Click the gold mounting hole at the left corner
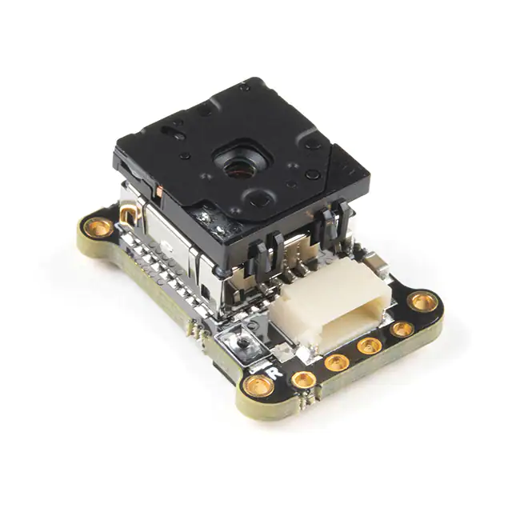[98, 228]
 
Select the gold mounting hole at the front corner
[258, 387]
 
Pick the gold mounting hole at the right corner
[422, 302]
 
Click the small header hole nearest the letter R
[302, 379]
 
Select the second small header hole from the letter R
[337, 362]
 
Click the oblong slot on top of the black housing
[174, 129]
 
